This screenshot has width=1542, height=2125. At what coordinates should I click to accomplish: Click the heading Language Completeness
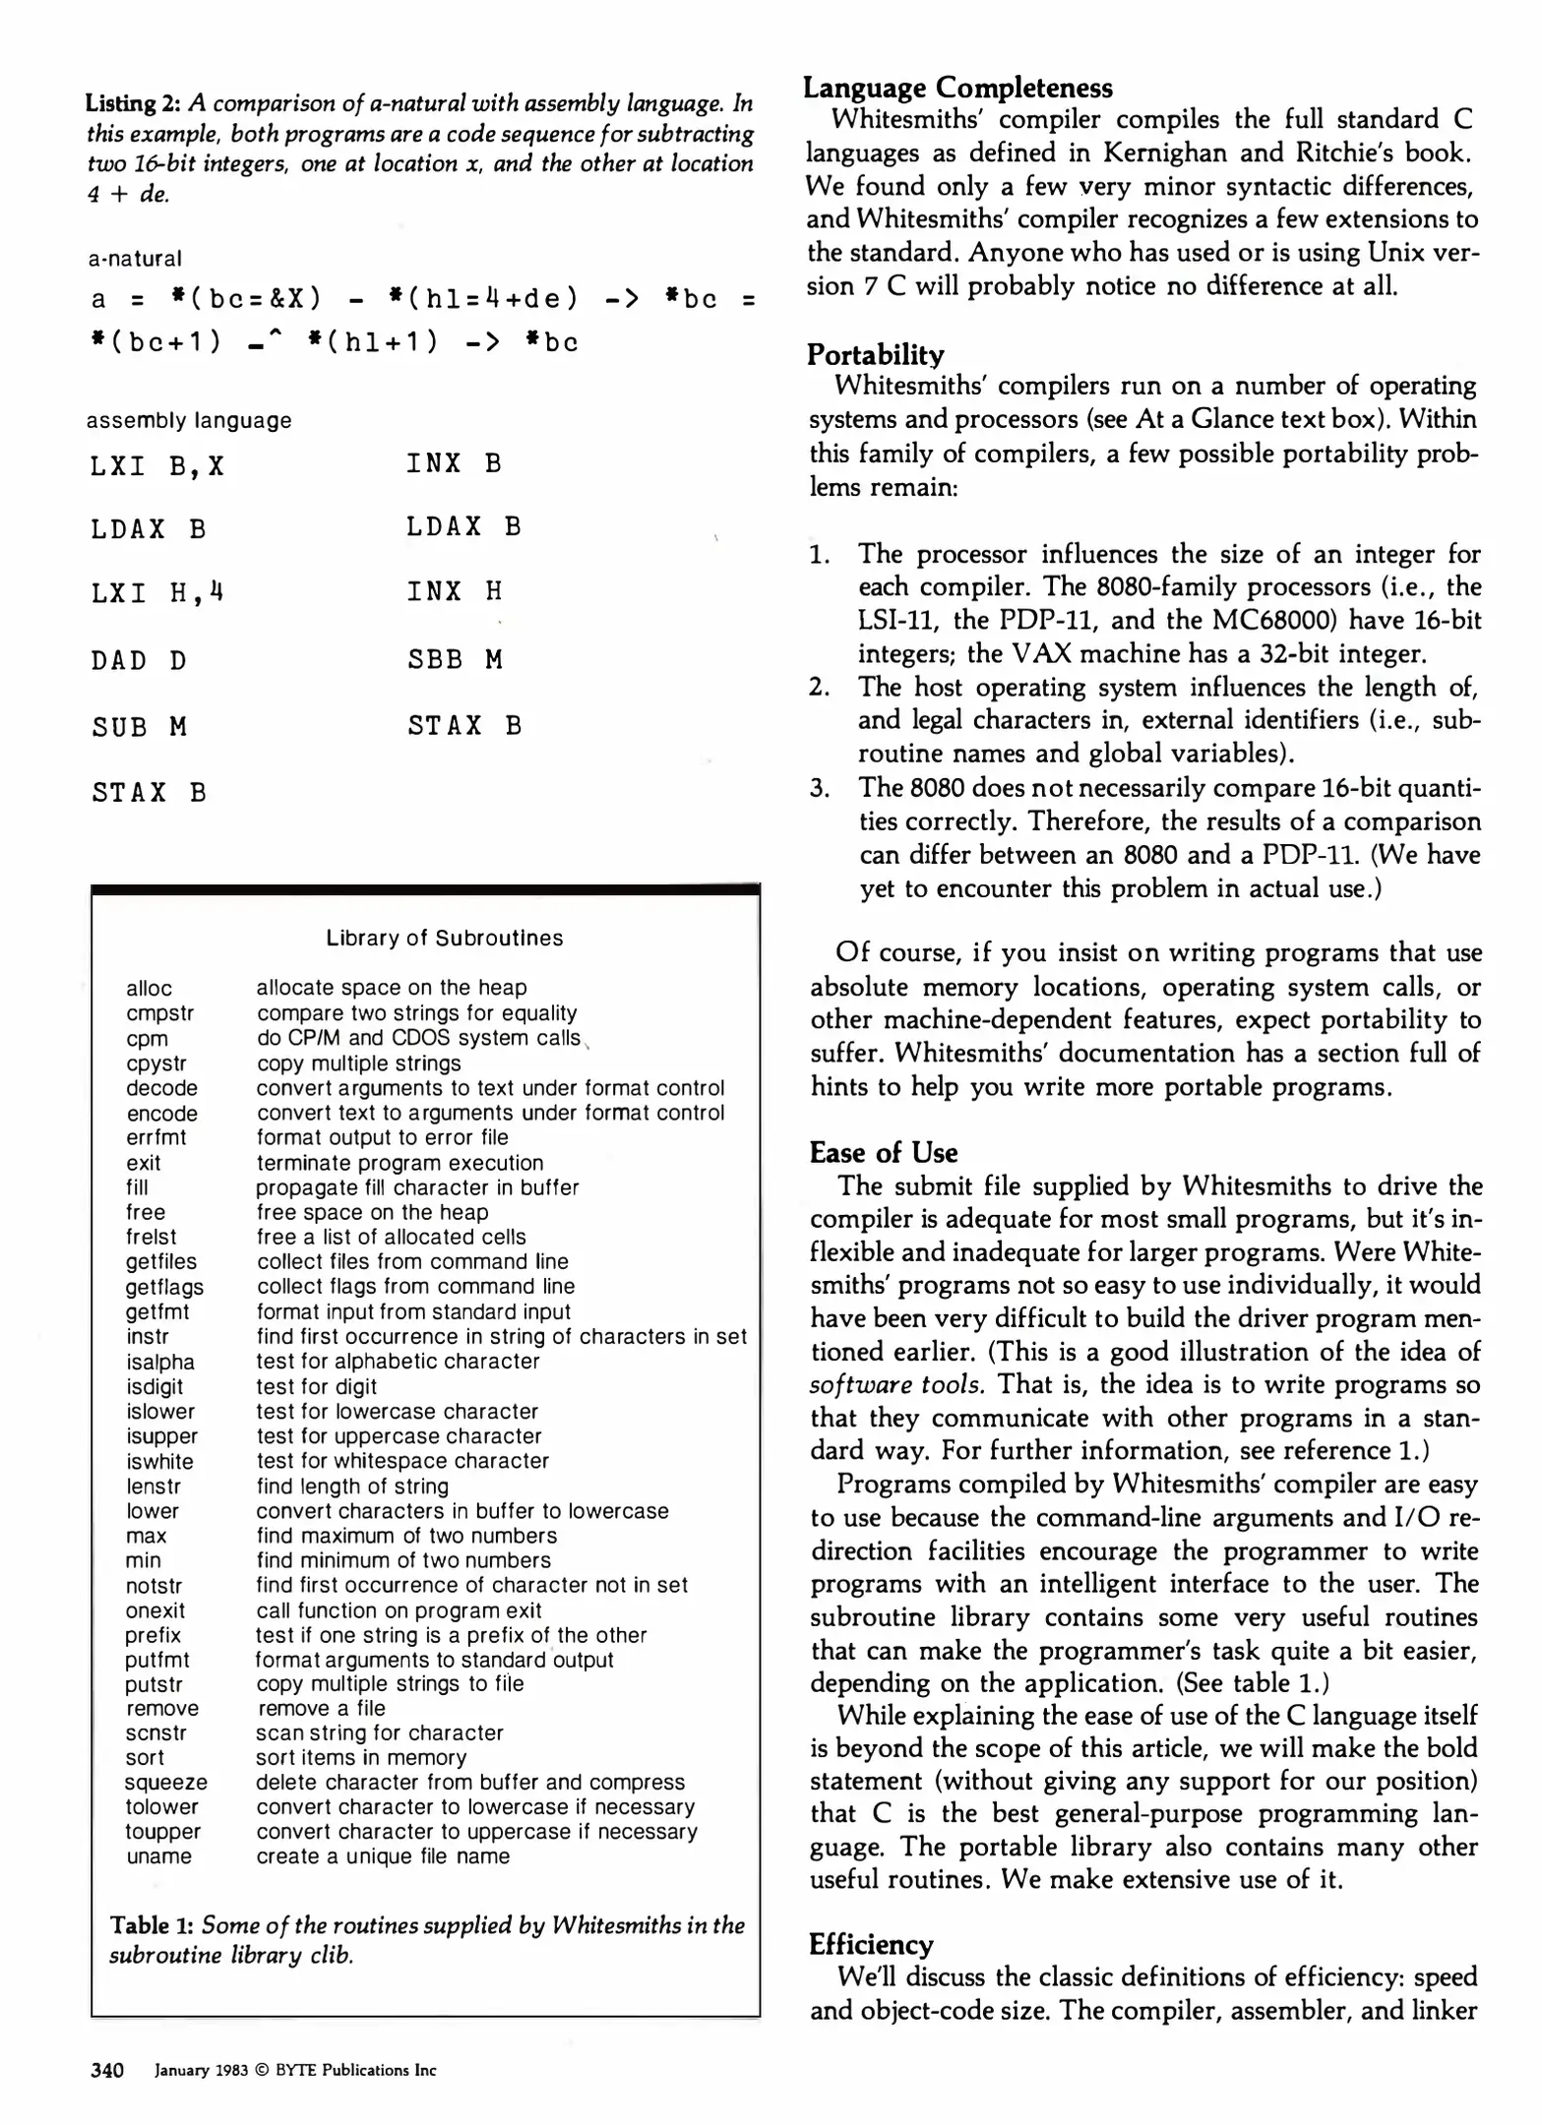[957, 88]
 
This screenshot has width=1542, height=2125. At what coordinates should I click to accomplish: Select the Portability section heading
[876, 354]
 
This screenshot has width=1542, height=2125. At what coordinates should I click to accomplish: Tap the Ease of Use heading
[883, 1152]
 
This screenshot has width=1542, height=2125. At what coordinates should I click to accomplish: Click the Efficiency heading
[871, 1944]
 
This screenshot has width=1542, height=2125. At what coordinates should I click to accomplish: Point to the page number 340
[107, 2070]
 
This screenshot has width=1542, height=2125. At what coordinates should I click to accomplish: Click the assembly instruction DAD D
[139, 660]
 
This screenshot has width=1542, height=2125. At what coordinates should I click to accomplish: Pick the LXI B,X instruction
[157, 465]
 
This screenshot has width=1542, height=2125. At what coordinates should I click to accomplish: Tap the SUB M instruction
[139, 727]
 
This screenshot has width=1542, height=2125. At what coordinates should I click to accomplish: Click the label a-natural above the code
[135, 259]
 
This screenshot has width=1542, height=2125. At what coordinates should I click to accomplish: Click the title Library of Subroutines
[445, 938]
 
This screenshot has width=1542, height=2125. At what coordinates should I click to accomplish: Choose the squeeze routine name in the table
[166, 1782]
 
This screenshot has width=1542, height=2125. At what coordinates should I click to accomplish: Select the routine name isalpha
[160, 1362]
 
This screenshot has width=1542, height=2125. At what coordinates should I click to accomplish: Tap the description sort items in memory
[361, 1757]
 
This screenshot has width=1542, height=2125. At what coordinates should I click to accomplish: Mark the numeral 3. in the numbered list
[821, 788]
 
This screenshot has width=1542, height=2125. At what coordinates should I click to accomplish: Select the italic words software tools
[896, 1385]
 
